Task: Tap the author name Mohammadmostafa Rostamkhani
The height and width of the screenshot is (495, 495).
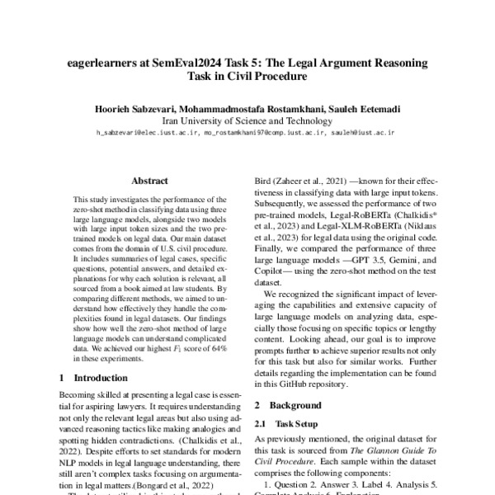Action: [x=253, y=108]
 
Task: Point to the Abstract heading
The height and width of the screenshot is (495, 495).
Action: [x=149, y=181]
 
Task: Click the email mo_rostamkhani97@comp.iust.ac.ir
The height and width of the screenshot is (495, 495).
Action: [x=255, y=131]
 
